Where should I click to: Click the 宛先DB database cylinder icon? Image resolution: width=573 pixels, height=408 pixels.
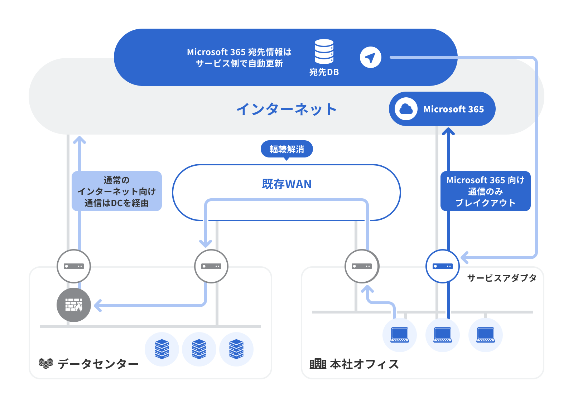tap(324, 52)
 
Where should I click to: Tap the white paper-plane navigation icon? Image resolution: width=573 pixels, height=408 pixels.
tap(370, 57)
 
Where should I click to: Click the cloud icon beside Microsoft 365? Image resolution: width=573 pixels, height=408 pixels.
tap(406, 109)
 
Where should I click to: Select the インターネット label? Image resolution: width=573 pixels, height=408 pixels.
tap(286, 109)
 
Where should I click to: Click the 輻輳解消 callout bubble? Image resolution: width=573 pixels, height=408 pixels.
tap(286, 149)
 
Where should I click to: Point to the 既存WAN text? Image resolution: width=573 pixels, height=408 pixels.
tap(286, 184)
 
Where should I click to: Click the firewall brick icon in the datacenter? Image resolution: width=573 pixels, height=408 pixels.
tap(74, 305)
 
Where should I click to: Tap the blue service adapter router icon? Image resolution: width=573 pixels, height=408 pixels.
tap(443, 266)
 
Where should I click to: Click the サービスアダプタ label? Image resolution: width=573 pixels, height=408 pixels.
tap(501, 278)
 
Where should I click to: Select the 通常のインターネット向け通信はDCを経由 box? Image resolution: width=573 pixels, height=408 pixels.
tap(117, 191)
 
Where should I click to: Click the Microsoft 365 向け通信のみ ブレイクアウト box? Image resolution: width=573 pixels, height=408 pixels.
tap(485, 191)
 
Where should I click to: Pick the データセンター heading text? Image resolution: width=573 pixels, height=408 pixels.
tap(98, 364)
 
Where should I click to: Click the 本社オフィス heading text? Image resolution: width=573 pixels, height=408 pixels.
tap(364, 364)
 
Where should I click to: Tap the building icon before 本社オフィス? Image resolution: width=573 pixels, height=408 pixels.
tap(318, 364)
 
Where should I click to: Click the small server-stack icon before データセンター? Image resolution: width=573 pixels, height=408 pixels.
tap(46, 363)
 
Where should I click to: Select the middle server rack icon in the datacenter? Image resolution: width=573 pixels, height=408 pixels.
tap(199, 349)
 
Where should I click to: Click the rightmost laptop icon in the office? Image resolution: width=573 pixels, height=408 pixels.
tap(486, 335)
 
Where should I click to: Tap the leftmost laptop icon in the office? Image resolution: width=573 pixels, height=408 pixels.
tap(400, 335)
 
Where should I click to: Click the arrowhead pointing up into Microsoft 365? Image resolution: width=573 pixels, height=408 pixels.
tap(448, 132)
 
